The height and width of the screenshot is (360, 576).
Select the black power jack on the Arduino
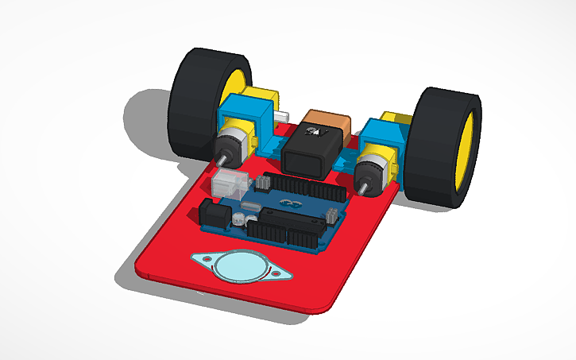coord(214,214)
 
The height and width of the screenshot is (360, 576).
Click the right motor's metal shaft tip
coord(361,188)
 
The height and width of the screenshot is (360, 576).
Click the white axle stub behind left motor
coord(281,116)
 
